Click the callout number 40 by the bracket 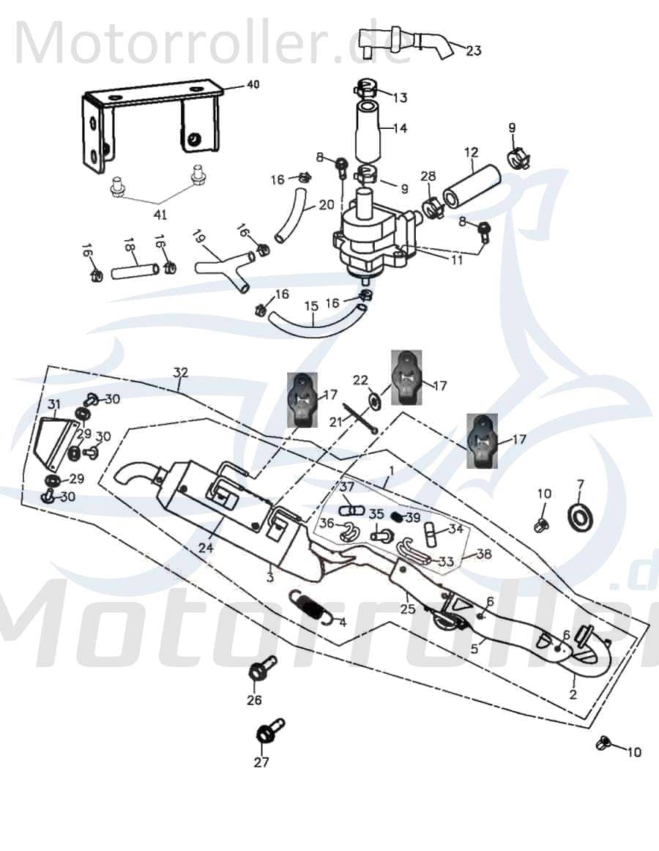pyautogui.click(x=253, y=85)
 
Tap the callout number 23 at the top pyautogui.click(x=474, y=51)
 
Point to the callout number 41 pyautogui.click(x=160, y=215)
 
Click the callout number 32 pyautogui.click(x=181, y=372)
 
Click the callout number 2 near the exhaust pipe pyautogui.click(x=573, y=694)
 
